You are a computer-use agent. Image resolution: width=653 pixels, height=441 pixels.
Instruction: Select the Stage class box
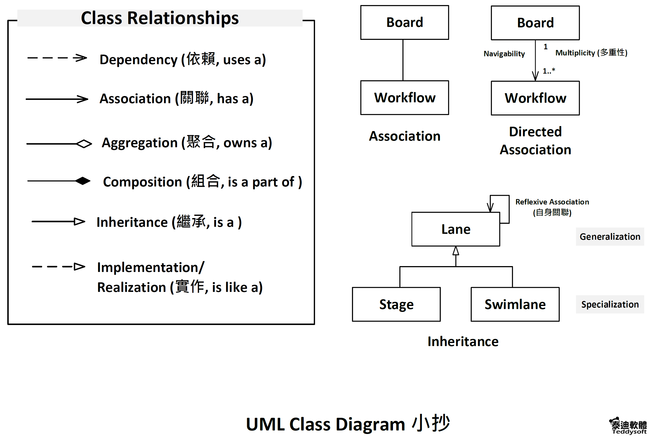[x=396, y=304]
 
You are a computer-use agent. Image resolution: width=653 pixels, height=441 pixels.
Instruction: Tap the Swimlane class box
[x=515, y=304]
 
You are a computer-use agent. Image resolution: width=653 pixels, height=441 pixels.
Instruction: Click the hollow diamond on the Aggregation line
[x=84, y=144]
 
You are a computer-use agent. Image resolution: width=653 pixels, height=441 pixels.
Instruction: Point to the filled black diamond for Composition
[x=83, y=181]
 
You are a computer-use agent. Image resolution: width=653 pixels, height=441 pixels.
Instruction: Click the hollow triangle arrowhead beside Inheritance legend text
[x=80, y=221]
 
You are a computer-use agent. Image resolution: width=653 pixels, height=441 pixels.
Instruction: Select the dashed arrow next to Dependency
[x=57, y=58]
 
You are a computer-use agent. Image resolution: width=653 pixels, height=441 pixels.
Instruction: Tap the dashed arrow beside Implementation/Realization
[x=58, y=266]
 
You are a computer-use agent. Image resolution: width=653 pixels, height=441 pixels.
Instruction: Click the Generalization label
[x=610, y=237]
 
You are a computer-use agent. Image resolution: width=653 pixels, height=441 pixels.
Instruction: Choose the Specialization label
[x=610, y=304]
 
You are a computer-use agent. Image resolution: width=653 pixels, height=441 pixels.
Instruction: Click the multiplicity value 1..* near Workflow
[x=549, y=71]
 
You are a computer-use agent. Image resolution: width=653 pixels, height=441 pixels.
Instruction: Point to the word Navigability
[x=504, y=54]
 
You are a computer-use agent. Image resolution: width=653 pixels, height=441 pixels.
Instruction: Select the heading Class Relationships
[x=160, y=18]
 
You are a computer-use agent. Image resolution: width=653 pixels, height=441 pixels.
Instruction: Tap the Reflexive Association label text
[x=552, y=207]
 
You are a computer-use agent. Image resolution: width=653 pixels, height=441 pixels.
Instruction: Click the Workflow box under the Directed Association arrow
[x=535, y=98]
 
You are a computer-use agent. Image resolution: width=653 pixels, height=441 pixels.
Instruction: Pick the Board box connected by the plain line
[x=405, y=22]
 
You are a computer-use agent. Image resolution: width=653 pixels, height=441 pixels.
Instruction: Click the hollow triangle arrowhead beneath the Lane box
[x=456, y=251]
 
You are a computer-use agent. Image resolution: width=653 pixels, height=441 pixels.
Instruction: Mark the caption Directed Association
[x=535, y=141]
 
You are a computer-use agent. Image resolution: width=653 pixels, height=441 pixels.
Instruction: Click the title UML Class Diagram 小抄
[x=348, y=423]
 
